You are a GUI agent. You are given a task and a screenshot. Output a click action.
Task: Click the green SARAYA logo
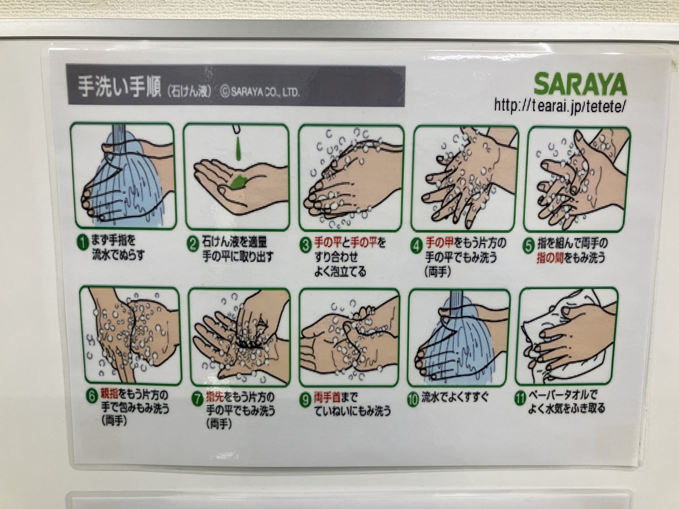[580, 84]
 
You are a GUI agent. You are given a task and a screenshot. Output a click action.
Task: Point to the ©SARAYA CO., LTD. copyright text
[260, 92]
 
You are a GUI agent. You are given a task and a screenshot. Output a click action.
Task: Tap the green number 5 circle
[529, 247]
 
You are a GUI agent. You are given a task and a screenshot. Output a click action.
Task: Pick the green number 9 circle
[305, 400]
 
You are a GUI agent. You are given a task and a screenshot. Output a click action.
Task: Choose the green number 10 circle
[413, 400]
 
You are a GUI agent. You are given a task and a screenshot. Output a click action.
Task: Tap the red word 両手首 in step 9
[327, 398]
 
